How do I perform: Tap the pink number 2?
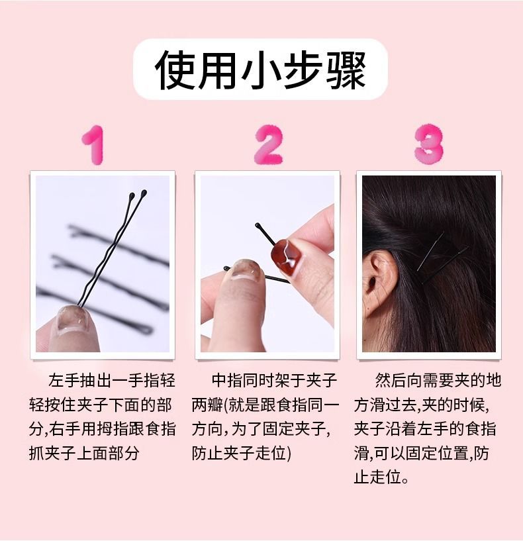pyautogui.click(x=267, y=144)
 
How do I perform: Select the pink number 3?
pyautogui.click(x=429, y=144)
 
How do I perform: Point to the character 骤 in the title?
pyautogui.click(x=345, y=70)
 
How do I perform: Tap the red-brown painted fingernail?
pyautogui.click(x=289, y=255)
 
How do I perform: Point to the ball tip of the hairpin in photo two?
pyautogui.click(x=257, y=226)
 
